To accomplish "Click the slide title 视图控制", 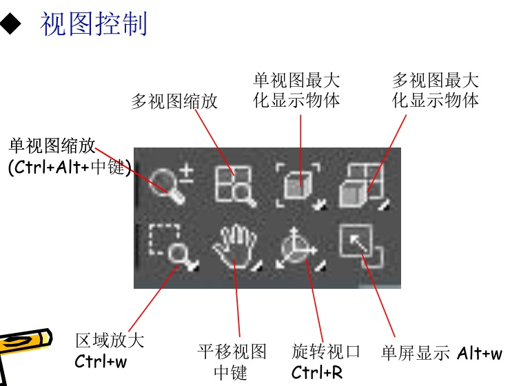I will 94,25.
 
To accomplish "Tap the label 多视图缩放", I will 174,102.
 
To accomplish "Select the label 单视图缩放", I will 52,146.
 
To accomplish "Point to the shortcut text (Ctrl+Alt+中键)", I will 69,167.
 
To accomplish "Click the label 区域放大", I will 110,341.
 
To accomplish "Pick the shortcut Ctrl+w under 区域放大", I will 101,360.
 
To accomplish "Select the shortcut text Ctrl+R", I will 316,373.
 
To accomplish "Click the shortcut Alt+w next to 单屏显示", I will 480,354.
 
